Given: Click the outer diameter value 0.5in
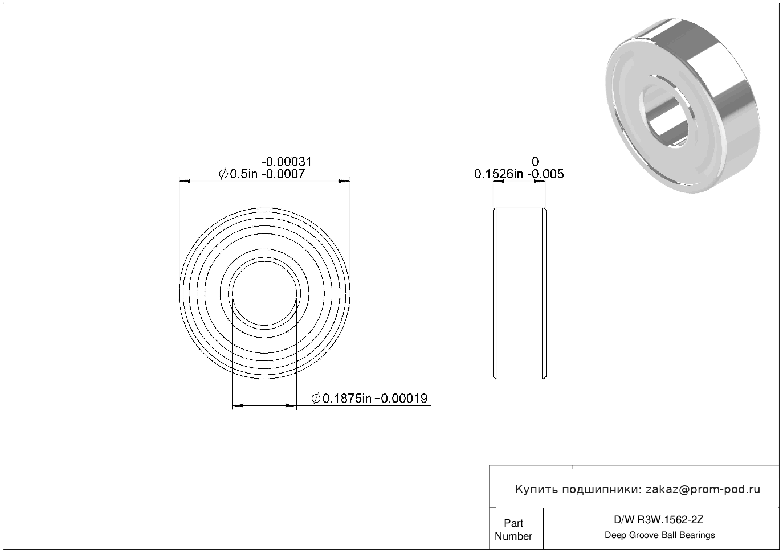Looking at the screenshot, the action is [244, 174].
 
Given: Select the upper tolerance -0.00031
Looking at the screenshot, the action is [286, 162].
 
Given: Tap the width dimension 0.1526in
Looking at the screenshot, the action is [499, 174].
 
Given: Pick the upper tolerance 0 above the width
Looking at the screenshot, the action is [535, 162].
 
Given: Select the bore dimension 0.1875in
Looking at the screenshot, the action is [346, 398].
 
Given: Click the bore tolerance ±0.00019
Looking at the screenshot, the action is [401, 398].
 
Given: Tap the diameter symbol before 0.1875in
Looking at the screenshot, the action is [316, 398].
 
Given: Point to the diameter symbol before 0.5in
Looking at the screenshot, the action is [223, 174].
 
